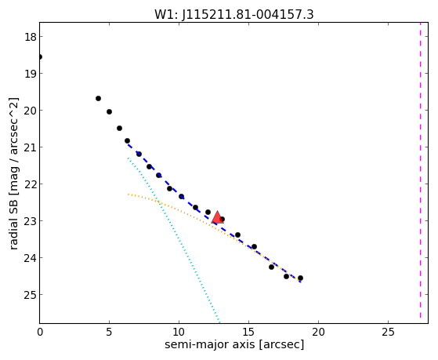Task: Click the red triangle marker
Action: [217, 217]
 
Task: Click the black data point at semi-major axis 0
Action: [40, 57]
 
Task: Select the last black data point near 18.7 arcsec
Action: [300, 278]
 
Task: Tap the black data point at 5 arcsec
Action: [109, 112]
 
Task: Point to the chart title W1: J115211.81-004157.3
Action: [234, 15]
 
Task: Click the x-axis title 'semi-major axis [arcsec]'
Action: [234, 344]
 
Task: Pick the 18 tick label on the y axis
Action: [30, 37]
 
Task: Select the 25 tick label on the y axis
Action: [30, 295]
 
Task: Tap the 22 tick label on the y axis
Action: [30, 184]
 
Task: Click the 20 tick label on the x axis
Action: [318, 332]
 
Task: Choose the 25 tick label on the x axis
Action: [388, 332]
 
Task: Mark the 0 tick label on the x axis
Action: [40, 332]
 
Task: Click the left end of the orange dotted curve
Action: [129, 195]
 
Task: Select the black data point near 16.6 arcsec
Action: [271, 267]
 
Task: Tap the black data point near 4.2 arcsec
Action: [98, 99]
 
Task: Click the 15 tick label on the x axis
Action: [248, 332]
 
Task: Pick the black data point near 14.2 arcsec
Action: [237, 235]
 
